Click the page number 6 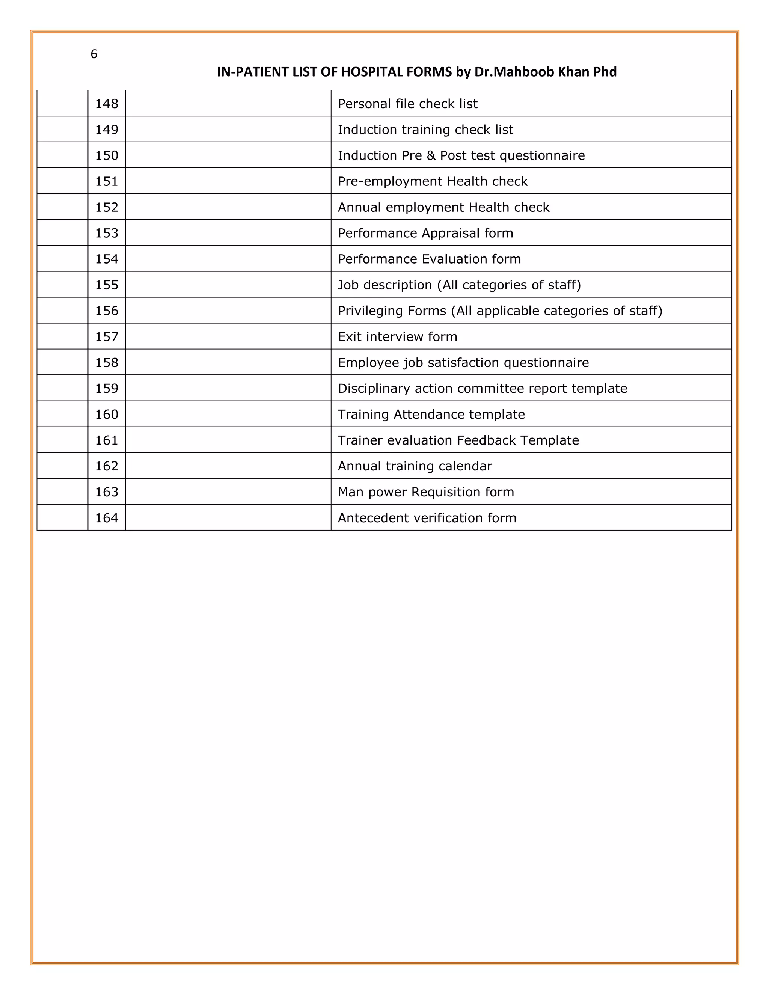tap(94, 54)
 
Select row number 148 tap(107, 104)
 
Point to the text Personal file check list tap(407, 104)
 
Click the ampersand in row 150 tap(431, 155)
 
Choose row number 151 tap(107, 181)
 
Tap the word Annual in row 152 tap(359, 207)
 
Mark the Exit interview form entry tap(397, 337)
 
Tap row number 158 tap(107, 363)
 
